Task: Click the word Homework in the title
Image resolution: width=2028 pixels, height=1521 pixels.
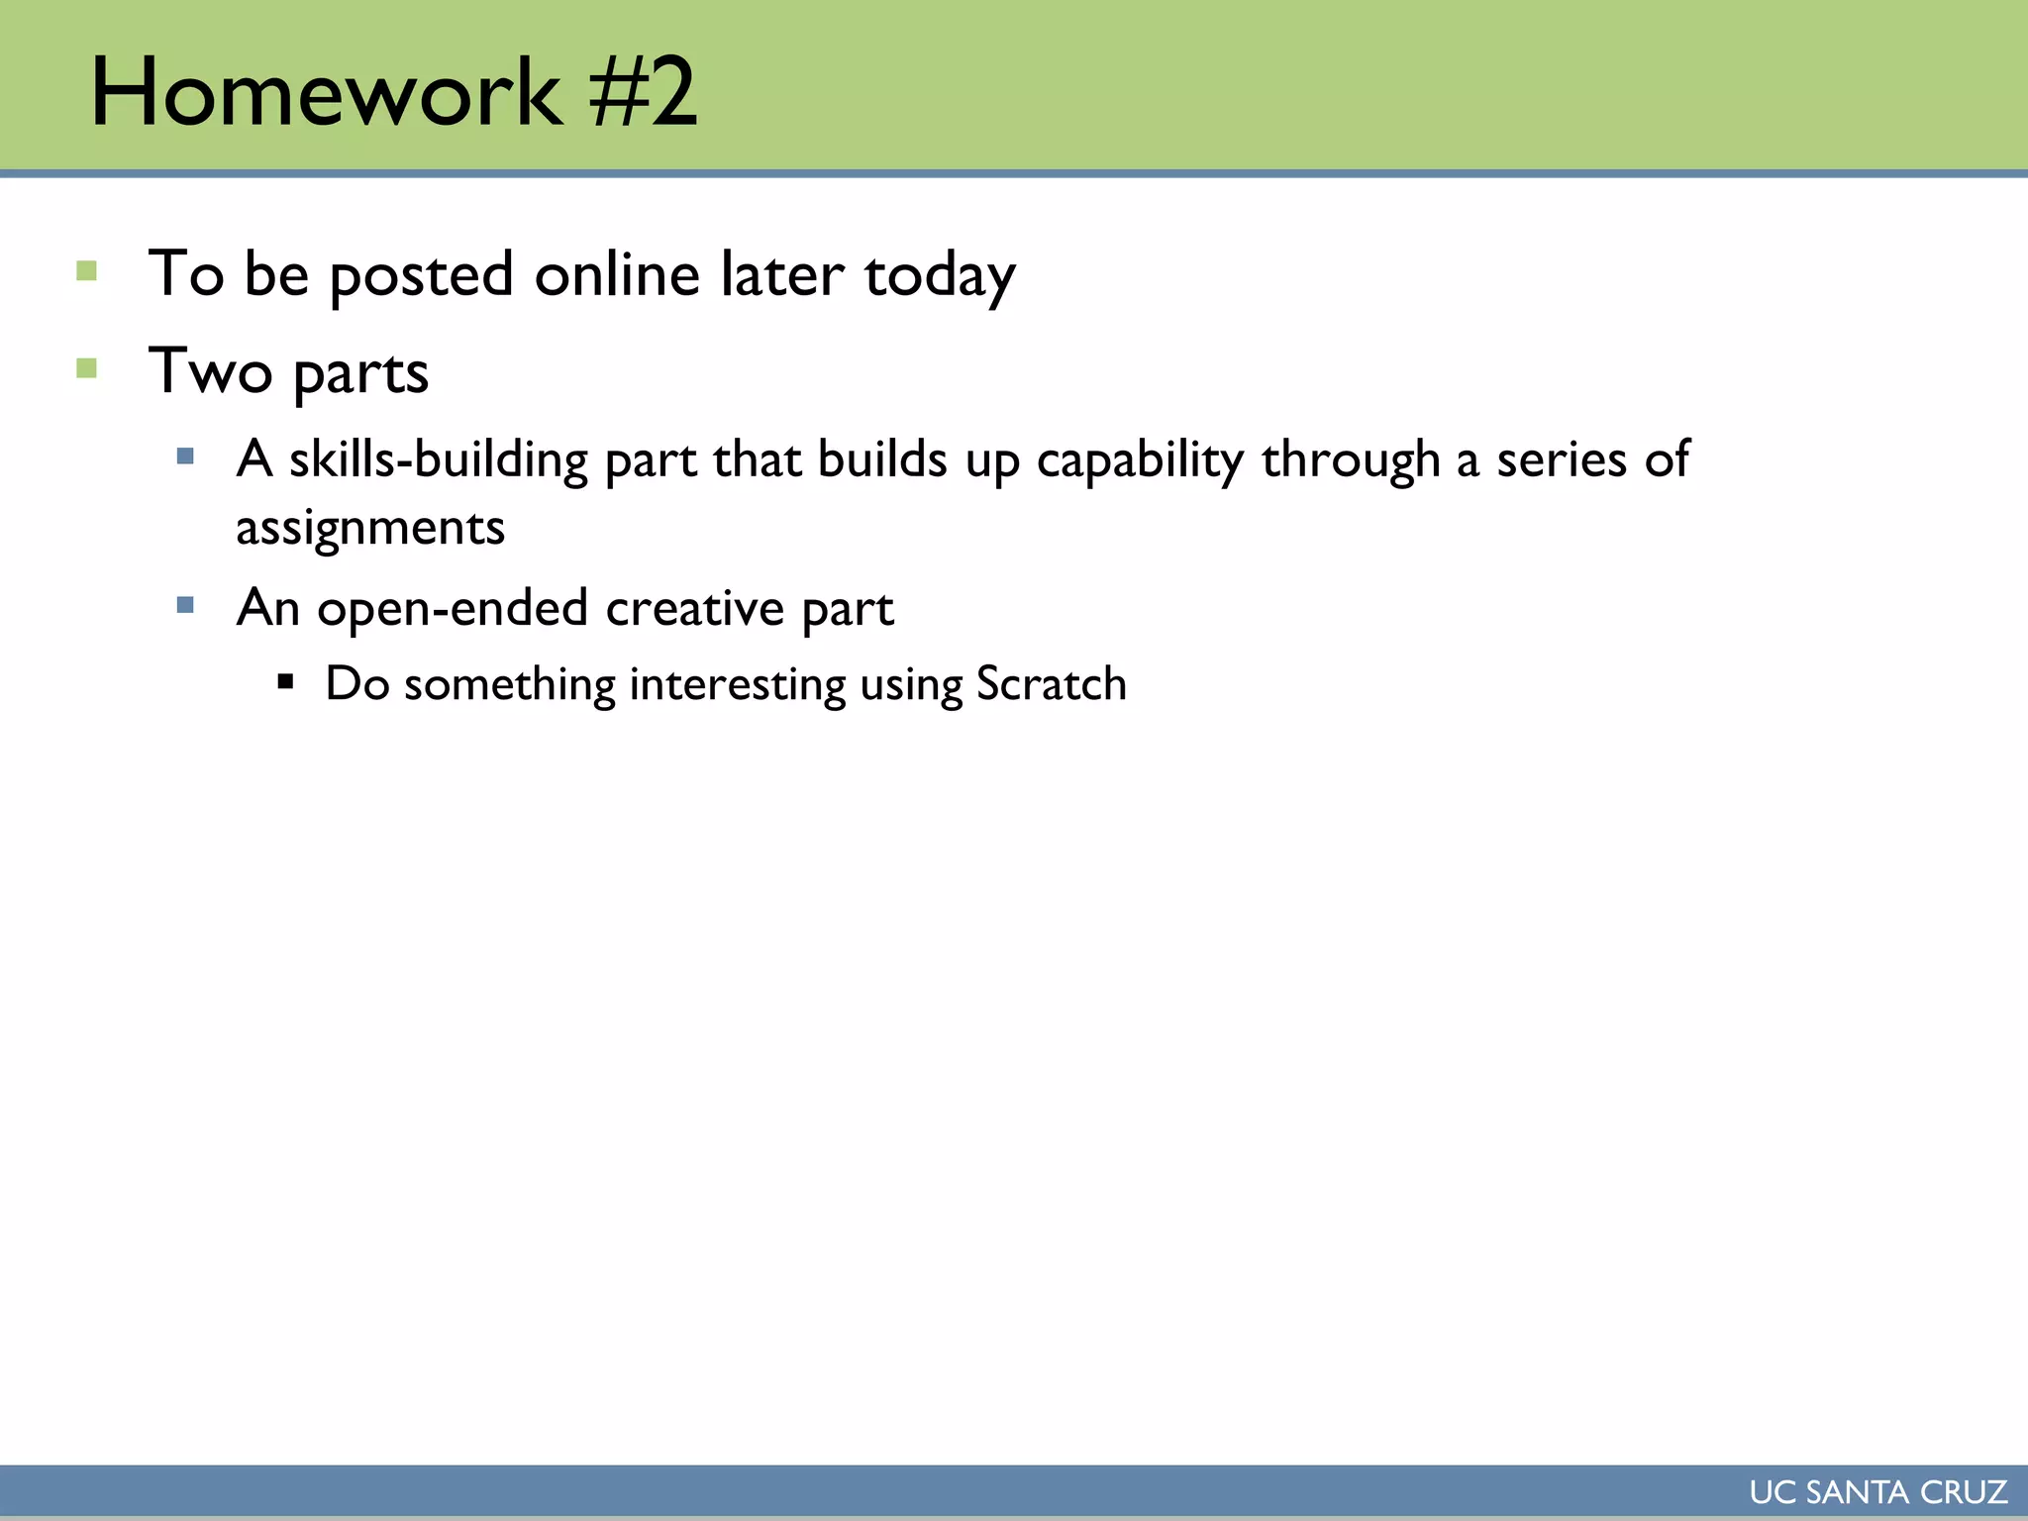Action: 327,93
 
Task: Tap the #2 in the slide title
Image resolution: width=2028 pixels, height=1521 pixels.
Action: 644,93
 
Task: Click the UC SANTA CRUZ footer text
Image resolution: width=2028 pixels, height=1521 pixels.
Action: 1877,1492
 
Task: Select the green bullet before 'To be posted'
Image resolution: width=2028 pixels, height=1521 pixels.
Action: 87,271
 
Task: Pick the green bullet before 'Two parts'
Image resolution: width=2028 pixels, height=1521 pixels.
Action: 87,369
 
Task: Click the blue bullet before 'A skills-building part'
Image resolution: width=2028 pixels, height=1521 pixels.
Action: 185,456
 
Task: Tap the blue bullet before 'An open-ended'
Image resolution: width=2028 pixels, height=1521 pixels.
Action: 185,605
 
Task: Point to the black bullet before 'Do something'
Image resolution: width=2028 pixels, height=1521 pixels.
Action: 286,681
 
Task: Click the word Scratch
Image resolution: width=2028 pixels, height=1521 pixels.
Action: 1051,684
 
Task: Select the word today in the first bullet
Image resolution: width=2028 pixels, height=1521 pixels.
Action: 940,277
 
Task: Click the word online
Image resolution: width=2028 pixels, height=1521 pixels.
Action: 617,275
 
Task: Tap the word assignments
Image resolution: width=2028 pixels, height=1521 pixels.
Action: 370,529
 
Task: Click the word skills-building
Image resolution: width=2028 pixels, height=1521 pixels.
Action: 439,461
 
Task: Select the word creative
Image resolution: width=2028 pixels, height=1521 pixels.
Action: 694,609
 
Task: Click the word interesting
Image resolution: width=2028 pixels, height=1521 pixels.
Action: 737,685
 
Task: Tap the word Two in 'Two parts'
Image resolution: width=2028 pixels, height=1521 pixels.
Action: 210,372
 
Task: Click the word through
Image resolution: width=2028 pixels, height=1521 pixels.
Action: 1350,461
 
